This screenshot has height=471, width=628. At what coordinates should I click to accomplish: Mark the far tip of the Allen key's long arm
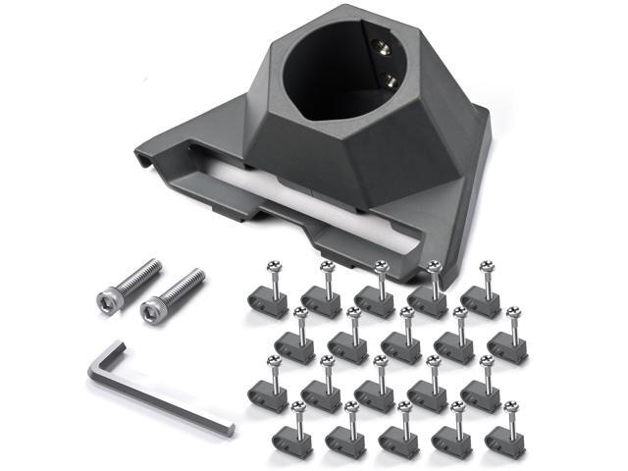tap(230, 430)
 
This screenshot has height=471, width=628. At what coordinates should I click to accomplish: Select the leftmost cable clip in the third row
tap(267, 392)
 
